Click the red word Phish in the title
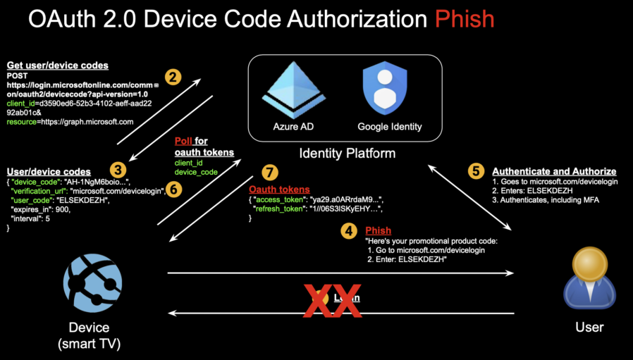point(464,18)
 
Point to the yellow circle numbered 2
point(173,77)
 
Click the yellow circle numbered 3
point(119,170)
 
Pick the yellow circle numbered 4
point(349,230)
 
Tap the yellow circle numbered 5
point(477,170)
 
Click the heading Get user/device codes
point(57,66)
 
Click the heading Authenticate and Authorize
point(554,171)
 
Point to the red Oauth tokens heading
point(278,190)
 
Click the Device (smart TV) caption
point(90,335)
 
